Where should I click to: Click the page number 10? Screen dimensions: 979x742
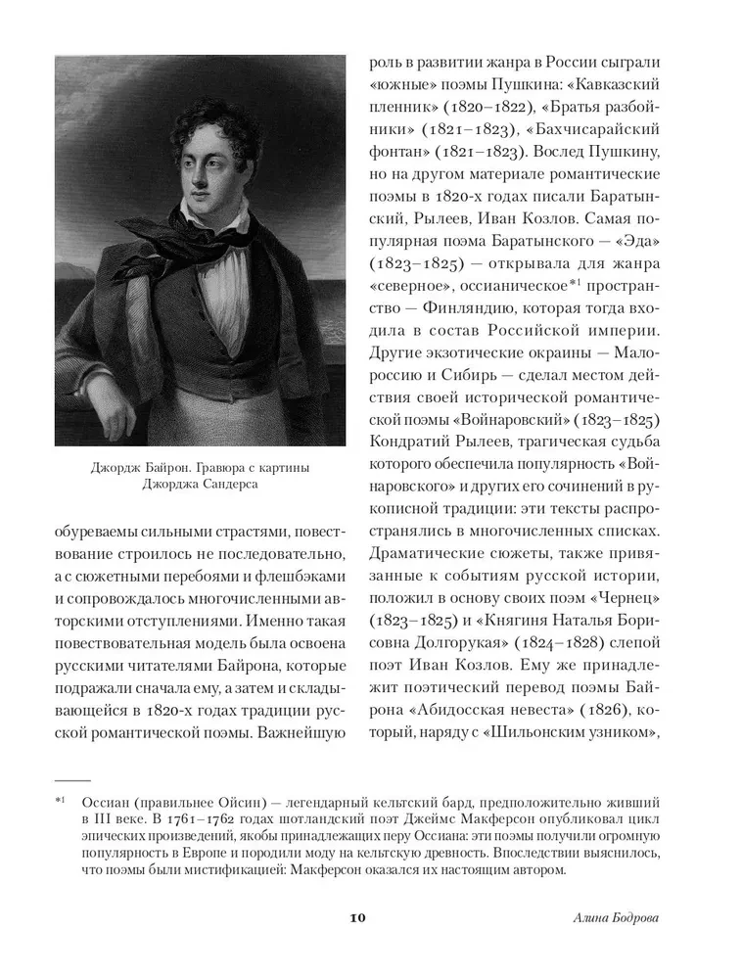tap(356, 917)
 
